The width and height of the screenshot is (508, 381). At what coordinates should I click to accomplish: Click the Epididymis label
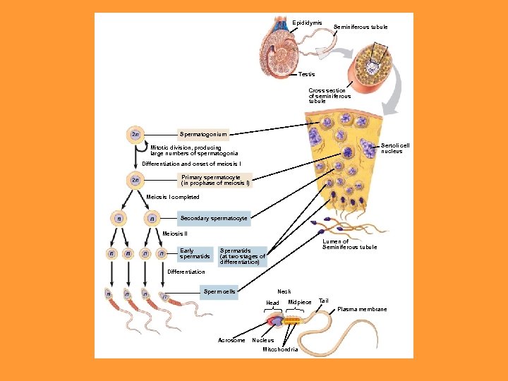(x=307, y=23)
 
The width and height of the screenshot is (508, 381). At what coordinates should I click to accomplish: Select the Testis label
(x=307, y=74)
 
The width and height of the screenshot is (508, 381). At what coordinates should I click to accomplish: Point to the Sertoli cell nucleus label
(x=395, y=148)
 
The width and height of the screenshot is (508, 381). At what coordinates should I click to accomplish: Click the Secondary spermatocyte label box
(x=214, y=219)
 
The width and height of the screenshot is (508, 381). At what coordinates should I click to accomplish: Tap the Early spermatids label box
(x=194, y=253)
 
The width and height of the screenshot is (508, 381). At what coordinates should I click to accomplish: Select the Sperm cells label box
(x=219, y=291)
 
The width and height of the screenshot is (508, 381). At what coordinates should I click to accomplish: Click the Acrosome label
(x=231, y=340)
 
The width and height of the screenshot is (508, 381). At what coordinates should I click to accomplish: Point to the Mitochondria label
(x=280, y=349)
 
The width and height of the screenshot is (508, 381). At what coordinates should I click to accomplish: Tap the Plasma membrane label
(x=362, y=309)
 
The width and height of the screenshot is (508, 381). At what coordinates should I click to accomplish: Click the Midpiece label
(x=300, y=302)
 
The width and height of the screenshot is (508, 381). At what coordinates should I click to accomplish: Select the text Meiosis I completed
(x=173, y=197)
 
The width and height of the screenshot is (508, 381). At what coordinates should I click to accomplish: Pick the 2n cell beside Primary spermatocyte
(x=135, y=180)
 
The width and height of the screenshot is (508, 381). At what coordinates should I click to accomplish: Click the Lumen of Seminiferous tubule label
(x=349, y=244)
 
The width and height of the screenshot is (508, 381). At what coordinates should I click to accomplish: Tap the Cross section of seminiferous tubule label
(x=329, y=95)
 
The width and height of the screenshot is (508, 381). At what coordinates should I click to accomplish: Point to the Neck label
(x=284, y=291)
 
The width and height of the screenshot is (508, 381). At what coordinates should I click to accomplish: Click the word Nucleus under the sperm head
(x=262, y=340)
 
